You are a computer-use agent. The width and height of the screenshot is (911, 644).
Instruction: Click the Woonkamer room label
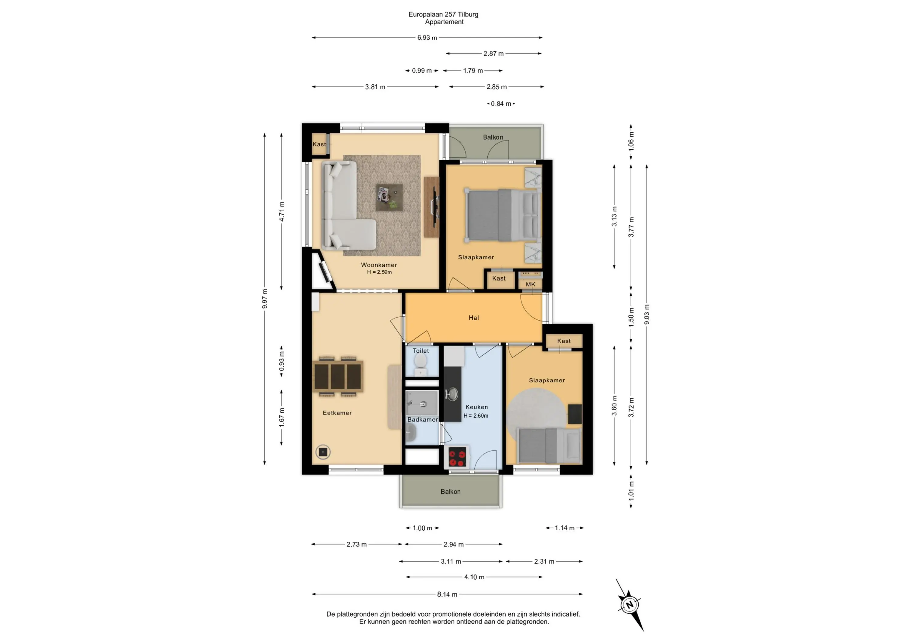click(x=379, y=265)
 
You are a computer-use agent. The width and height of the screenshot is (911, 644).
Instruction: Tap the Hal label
click(x=474, y=318)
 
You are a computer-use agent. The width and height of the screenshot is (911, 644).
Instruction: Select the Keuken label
click(x=476, y=407)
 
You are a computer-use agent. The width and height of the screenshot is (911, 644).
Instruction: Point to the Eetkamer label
click(x=337, y=413)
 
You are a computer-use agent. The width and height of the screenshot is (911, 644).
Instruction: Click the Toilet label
click(x=421, y=351)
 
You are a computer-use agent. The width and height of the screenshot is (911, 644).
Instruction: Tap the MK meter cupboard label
click(x=531, y=285)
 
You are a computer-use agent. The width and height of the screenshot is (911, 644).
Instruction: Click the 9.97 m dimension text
click(x=265, y=299)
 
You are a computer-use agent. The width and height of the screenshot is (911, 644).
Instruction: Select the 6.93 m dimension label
click(x=427, y=38)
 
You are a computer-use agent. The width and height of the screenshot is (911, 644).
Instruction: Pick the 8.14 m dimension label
click(x=447, y=595)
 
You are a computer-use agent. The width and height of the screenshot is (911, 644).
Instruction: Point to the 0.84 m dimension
click(x=501, y=104)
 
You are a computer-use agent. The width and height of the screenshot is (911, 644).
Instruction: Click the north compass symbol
click(x=630, y=605)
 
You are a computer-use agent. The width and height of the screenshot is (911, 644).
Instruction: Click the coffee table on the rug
click(x=389, y=197)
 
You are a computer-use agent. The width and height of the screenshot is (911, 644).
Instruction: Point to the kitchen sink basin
click(x=452, y=394)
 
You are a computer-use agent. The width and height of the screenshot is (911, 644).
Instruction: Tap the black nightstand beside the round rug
click(x=575, y=414)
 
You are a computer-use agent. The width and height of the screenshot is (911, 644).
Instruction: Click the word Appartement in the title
click(x=444, y=22)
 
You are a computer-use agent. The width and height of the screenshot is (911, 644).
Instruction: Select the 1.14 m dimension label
click(x=565, y=528)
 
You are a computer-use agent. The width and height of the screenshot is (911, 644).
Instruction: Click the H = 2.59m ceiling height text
click(x=379, y=272)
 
